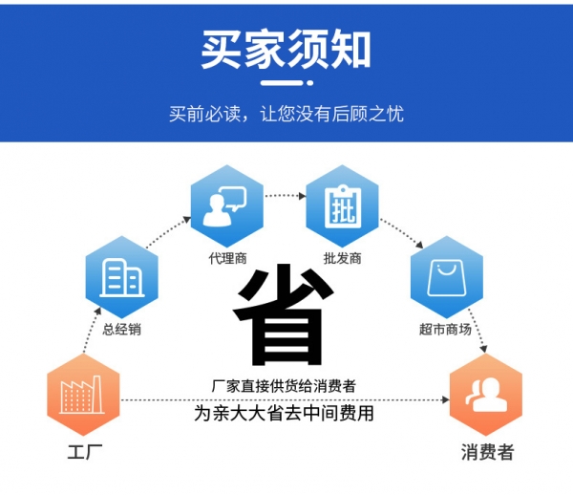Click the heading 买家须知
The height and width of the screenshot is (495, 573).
click(286, 50)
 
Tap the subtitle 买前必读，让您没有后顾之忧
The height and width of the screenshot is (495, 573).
click(286, 114)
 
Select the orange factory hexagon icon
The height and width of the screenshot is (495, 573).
click(83, 395)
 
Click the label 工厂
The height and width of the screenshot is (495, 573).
click(85, 452)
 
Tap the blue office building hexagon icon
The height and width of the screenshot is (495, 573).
click(121, 277)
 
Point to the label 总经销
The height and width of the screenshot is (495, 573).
click(121, 330)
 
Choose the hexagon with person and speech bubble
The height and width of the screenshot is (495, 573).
click(227, 205)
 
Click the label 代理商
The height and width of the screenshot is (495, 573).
click(227, 258)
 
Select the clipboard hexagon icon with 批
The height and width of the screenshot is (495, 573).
click(342, 205)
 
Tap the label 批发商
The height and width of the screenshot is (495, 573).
click(343, 258)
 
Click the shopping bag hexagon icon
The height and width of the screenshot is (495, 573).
click(447, 277)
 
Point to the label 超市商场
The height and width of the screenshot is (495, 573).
click(445, 330)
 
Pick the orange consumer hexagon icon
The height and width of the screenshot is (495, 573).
click(486, 395)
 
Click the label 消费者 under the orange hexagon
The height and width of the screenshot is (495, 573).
click(487, 452)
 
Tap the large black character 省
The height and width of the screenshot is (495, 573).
click(284, 314)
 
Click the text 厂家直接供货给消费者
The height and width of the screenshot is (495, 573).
click(284, 386)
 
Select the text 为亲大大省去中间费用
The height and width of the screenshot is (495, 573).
click(284, 414)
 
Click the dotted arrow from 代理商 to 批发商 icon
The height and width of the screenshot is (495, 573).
click(285, 196)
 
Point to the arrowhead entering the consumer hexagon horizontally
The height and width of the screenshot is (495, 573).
click(445, 400)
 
